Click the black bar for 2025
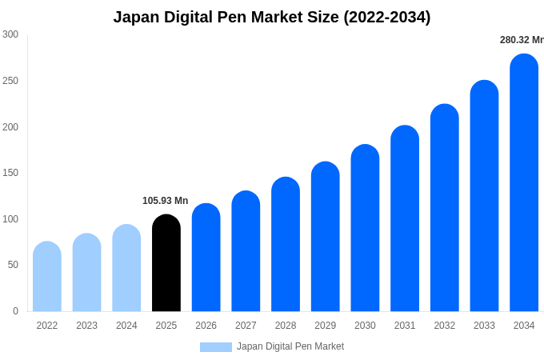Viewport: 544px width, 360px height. coord(166,264)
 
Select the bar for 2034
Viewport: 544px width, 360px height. coord(524,184)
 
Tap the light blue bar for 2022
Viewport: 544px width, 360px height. coord(47,277)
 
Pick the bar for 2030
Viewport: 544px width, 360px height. coord(365,229)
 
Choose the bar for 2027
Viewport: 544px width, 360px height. coord(246,252)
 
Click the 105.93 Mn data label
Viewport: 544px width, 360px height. coord(166,201)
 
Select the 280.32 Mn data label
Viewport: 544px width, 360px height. coord(521,40)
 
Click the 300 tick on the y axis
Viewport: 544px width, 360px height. coord(10,34)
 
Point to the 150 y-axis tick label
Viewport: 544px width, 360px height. coord(10,173)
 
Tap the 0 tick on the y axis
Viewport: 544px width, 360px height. coord(15,311)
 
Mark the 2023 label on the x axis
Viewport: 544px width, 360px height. coord(86,326)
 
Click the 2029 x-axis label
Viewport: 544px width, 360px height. coord(325,326)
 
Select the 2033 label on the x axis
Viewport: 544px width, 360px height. coord(484,326)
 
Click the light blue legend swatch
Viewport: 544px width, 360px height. coord(215,347)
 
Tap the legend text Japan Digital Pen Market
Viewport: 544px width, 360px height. coord(290,346)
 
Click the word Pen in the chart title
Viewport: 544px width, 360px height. coord(227,17)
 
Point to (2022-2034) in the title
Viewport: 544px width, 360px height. coord(387,17)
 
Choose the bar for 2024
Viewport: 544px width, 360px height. coord(126,269)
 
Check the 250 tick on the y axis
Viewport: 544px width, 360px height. coord(10,81)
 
